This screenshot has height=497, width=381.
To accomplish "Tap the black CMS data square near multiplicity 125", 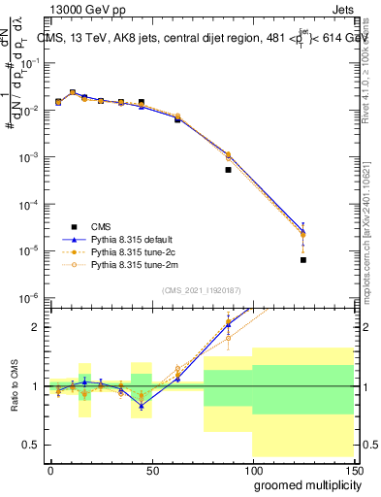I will tap(303, 260).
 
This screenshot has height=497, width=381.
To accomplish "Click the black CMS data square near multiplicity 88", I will tap(228, 170).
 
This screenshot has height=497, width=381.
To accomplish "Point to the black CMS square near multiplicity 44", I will tap(141, 102).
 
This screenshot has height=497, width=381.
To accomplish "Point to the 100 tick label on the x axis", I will tap(251, 470).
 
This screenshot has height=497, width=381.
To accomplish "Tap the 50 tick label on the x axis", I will tap(151, 470).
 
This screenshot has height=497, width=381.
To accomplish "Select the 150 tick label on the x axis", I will tap(352, 470).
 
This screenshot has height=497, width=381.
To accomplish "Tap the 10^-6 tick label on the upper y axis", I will tap(30, 297).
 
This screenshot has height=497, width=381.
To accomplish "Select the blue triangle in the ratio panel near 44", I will tap(141, 405).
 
